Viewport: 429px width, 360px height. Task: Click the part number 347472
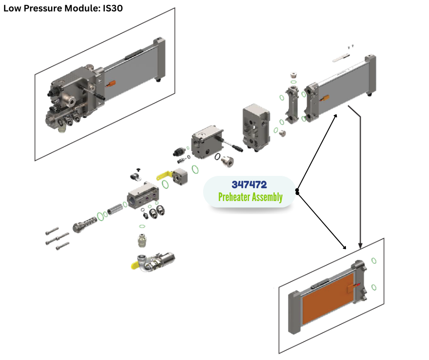pyautogui.click(x=249, y=185)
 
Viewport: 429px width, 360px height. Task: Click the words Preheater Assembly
pyautogui.click(x=250, y=197)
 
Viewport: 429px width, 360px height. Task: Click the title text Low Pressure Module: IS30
pyautogui.click(x=63, y=8)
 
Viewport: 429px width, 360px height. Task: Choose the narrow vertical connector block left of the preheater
pyautogui.click(x=292, y=104)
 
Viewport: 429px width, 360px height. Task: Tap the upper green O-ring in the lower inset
pyautogui.click(x=374, y=260)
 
